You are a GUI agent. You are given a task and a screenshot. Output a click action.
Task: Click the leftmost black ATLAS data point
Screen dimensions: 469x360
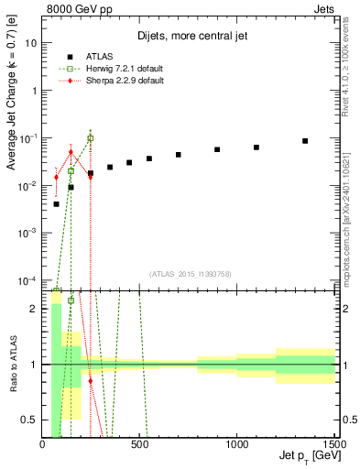tap(56, 204)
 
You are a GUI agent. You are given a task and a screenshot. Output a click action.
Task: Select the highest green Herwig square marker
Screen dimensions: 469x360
tap(90, 138)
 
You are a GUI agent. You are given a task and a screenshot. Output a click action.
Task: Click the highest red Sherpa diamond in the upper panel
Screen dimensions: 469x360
tap(71, 152)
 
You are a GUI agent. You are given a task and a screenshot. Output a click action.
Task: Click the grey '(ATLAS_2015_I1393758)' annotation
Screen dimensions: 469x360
tap(189, 272)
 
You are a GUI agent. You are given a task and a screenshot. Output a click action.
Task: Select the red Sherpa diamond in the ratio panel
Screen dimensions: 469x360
tap(90, 379)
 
